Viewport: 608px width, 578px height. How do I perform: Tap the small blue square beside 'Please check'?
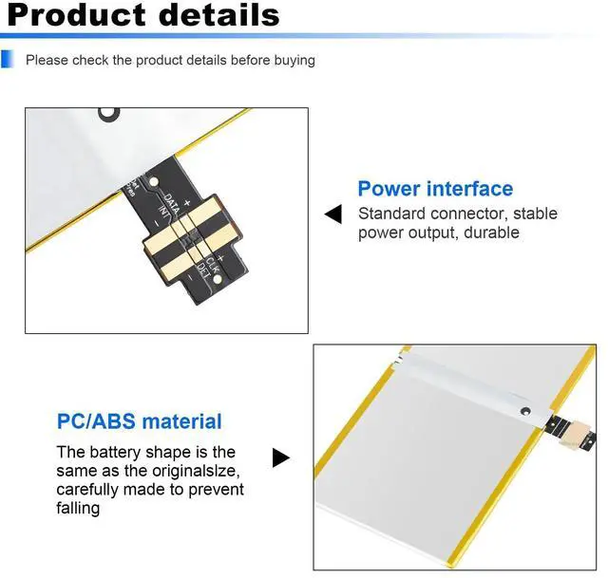pos(9,60)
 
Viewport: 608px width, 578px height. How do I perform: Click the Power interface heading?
pos(435,188)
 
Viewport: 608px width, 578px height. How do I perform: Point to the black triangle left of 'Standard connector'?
pos(332,214)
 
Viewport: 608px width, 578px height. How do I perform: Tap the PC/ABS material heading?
pos(140,421)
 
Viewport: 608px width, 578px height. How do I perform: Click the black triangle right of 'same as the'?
pos(280,458)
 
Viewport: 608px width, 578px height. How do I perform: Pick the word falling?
pos(78,509)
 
